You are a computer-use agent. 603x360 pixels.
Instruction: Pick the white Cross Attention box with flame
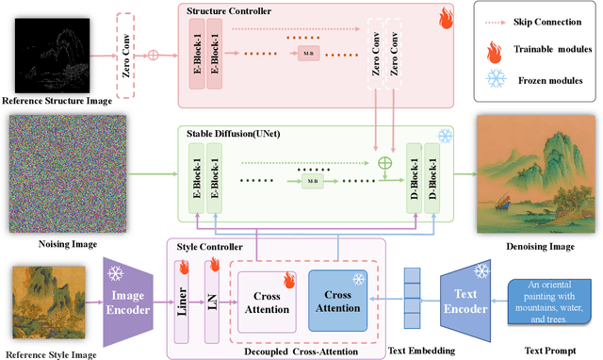click(269, 301)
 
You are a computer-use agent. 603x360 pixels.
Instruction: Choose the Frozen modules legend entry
click(550, 83)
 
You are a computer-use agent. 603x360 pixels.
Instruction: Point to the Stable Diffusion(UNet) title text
click(232, 134)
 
